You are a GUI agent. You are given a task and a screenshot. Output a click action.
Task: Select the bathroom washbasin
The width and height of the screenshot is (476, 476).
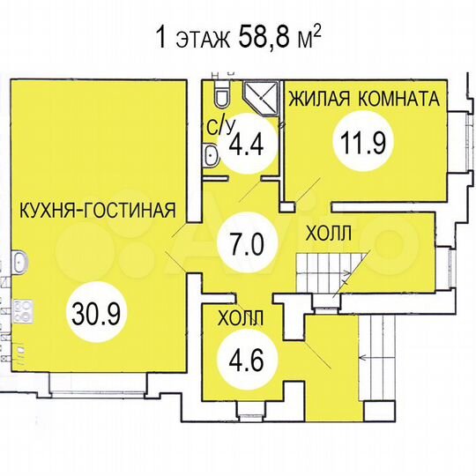click(212, 157)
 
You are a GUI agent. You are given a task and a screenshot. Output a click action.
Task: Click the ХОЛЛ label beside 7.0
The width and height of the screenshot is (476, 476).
click(328, 234)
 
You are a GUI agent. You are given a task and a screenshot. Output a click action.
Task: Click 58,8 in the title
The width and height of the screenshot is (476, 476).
click(252, 38)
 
